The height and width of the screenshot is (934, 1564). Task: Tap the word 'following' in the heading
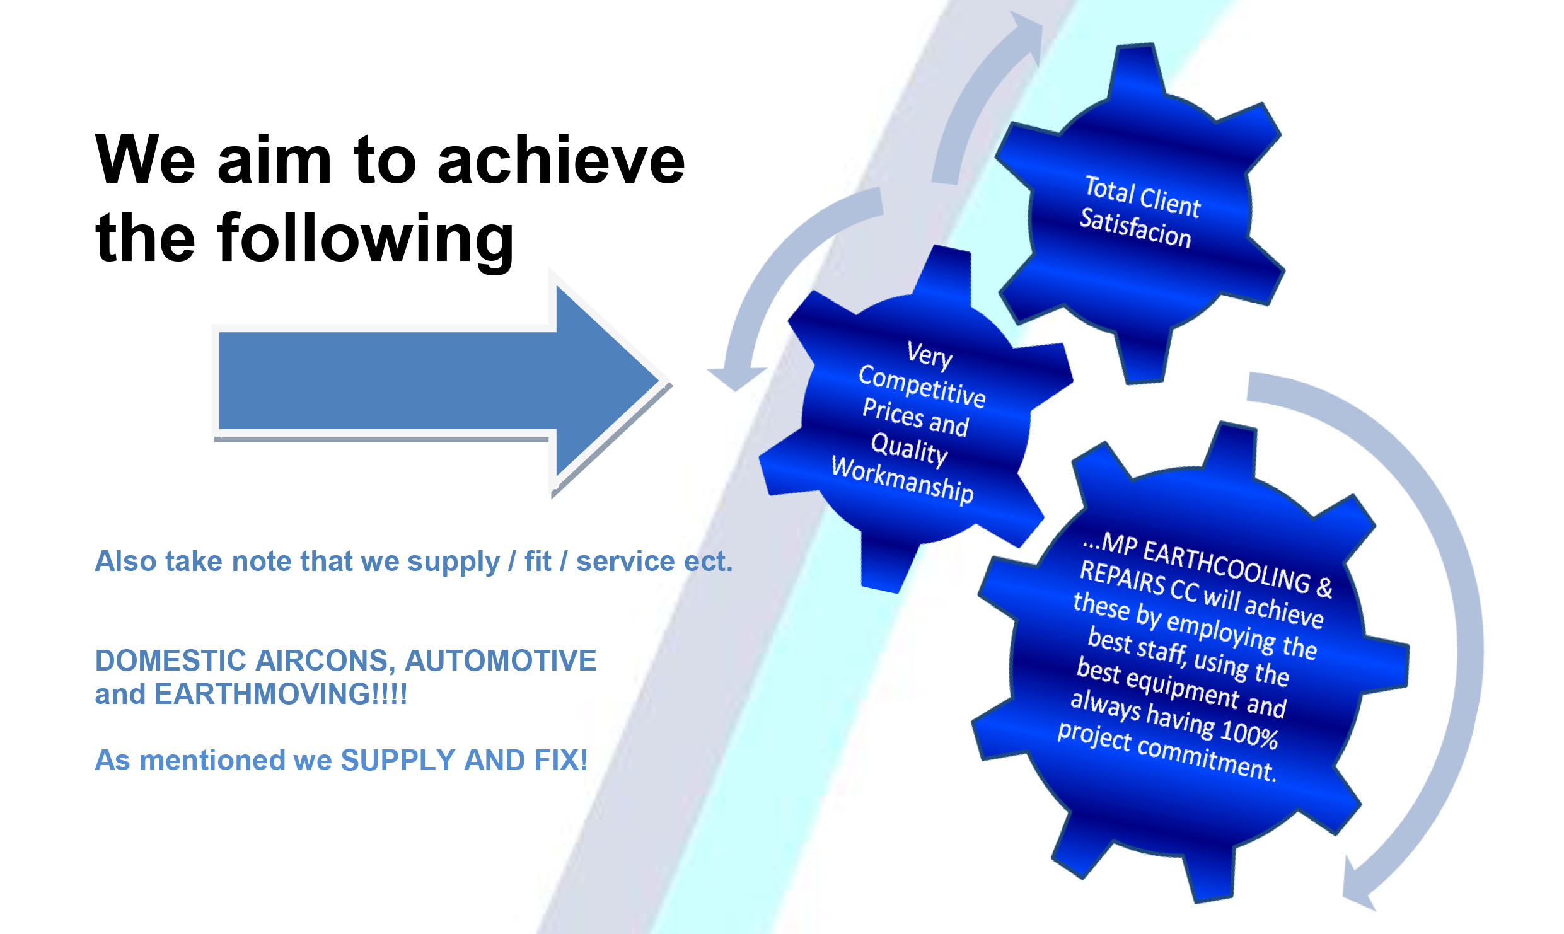click(x=366, y=238)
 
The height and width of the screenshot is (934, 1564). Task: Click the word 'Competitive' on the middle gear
click(x=922, y=386)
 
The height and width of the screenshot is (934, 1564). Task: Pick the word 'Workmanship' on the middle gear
click(x=903, y=479)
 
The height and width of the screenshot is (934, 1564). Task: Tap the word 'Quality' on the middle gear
click(x=909, y=449)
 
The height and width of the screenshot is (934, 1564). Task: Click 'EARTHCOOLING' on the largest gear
click(x=1227, y=566)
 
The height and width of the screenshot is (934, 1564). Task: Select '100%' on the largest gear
click(x=1249, y=734)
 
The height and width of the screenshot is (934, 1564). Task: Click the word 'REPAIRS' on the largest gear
click(x=1122, y=577)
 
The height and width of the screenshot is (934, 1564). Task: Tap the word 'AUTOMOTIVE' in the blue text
click(x=501, y=660)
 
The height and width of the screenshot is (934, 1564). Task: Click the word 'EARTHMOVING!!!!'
click(x=281, y=694)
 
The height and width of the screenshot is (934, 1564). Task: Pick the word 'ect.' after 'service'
click(x=709, y=561)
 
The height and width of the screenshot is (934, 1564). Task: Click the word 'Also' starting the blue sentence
click(x=125, y=561)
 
